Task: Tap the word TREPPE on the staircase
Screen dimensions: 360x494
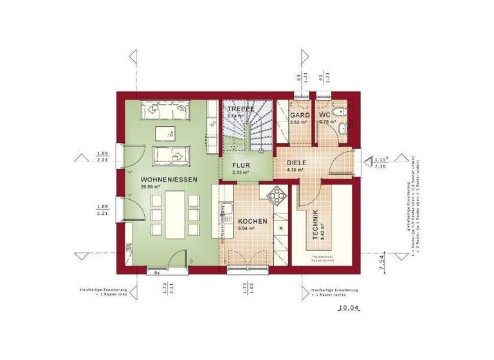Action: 240,109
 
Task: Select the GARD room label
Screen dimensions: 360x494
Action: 297,115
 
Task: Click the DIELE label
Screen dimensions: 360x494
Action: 297,163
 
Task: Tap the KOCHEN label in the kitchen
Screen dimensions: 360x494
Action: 247,220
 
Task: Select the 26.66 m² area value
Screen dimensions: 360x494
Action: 150,187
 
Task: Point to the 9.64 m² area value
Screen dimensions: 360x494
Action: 247,228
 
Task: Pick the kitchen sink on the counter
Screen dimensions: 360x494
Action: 227,210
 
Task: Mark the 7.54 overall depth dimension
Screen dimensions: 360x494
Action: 380,261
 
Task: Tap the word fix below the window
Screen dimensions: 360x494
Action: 156,273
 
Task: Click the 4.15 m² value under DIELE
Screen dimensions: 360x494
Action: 295,170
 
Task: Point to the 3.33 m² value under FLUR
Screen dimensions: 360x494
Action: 241,173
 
